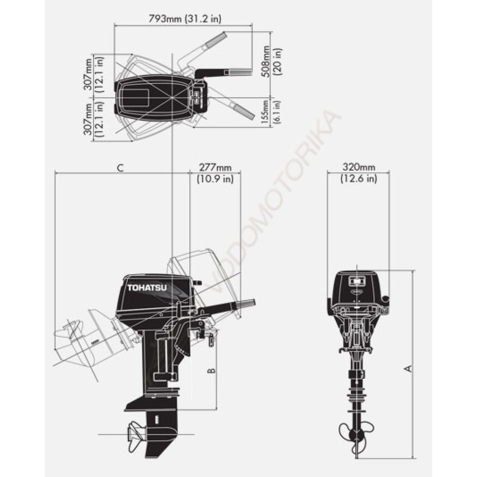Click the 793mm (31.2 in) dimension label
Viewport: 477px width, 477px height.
pos(185,19)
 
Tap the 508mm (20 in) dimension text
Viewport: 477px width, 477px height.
pos(272,62)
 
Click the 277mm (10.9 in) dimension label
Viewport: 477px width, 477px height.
pos(216,173)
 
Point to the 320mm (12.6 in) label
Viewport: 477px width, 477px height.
pos(359,173)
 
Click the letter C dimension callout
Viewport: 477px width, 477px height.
pos(121,167)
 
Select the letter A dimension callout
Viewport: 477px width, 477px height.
pos(409,368)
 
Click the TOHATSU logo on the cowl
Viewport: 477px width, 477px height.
pos(147,288)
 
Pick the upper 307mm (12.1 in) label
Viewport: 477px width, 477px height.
pos(93,74)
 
